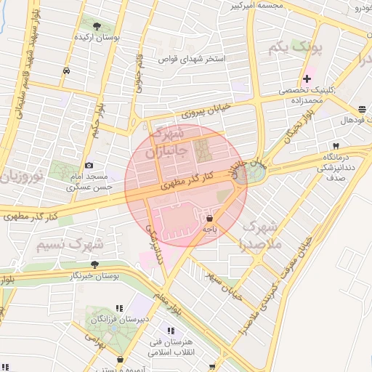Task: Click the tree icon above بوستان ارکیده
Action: click(97, 25)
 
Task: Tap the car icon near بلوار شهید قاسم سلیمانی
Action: click(67, 70)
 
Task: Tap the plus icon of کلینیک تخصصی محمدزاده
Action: click(307, 78)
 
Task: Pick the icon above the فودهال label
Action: click(361, 108)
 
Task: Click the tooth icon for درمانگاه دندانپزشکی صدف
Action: click(336, 145)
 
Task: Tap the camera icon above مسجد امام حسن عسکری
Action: click(89, 166)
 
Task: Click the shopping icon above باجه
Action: click(210, 217)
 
